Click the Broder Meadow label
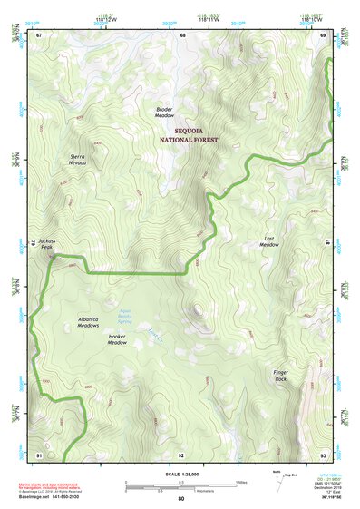(x=164, y=113)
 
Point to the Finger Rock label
(x=280, y=376)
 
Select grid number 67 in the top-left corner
(x=39, y=35)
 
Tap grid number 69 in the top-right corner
(x=322, y=35)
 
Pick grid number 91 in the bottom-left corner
(x=39, y=454)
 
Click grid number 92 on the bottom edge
(x=181, y=454)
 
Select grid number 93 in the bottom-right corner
(x=322, y=454)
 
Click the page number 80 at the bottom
(x=180, y=501)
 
